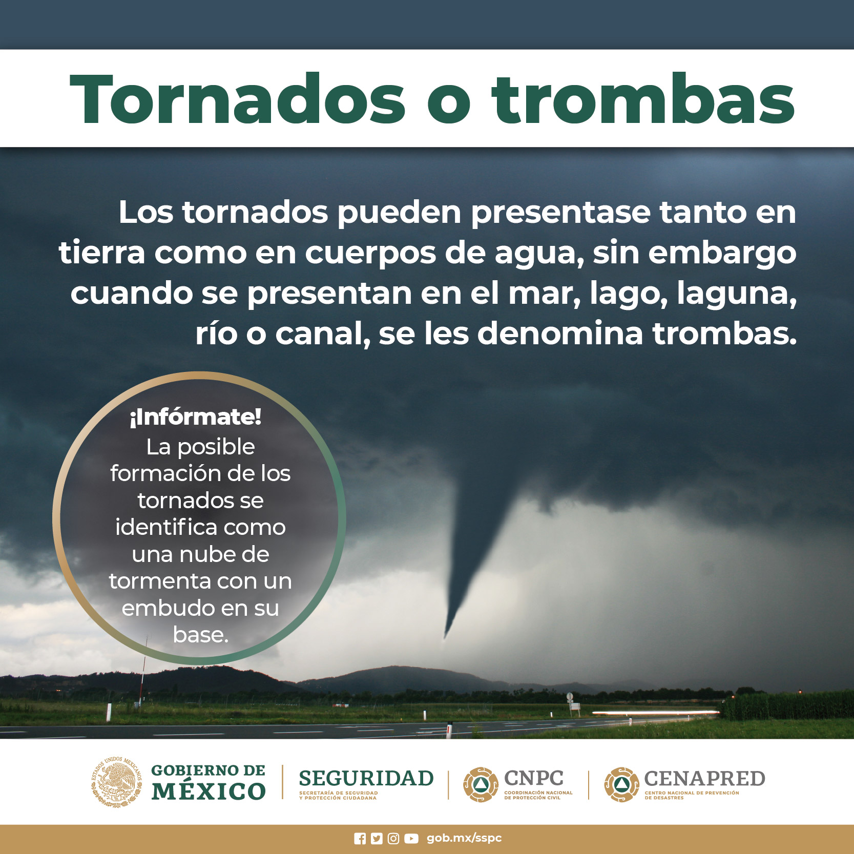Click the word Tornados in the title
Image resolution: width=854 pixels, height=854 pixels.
tap(238, 99)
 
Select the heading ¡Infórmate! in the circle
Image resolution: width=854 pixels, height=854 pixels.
tap(195, 417)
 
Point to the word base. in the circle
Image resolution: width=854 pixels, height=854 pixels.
tap(200, 635)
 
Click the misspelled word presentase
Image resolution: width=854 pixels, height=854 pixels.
tap(560, 213)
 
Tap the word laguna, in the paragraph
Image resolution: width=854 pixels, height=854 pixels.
tap(737, 294)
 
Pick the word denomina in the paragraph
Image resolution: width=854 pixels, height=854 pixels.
tap(560, 334)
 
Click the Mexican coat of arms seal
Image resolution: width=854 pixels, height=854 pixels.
tap(117, 782)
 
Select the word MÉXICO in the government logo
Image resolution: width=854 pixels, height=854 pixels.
tap(209, 791)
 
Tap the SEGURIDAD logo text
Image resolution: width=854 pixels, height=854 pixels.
tap(366, 778)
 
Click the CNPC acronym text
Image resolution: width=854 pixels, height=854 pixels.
tap(534, 778)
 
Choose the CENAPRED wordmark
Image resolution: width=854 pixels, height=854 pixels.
tap(704, 779)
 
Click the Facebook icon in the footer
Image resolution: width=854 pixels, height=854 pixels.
tap(360, 839)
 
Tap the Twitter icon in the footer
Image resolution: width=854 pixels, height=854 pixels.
tap(377, 839)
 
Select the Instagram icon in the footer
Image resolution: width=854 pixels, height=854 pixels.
tap(393, 839)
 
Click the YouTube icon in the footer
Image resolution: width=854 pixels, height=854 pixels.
tap(411, 839)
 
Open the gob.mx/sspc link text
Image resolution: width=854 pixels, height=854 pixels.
tap(464, 838)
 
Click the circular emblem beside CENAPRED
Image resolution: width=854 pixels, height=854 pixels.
tap(621, 784)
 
